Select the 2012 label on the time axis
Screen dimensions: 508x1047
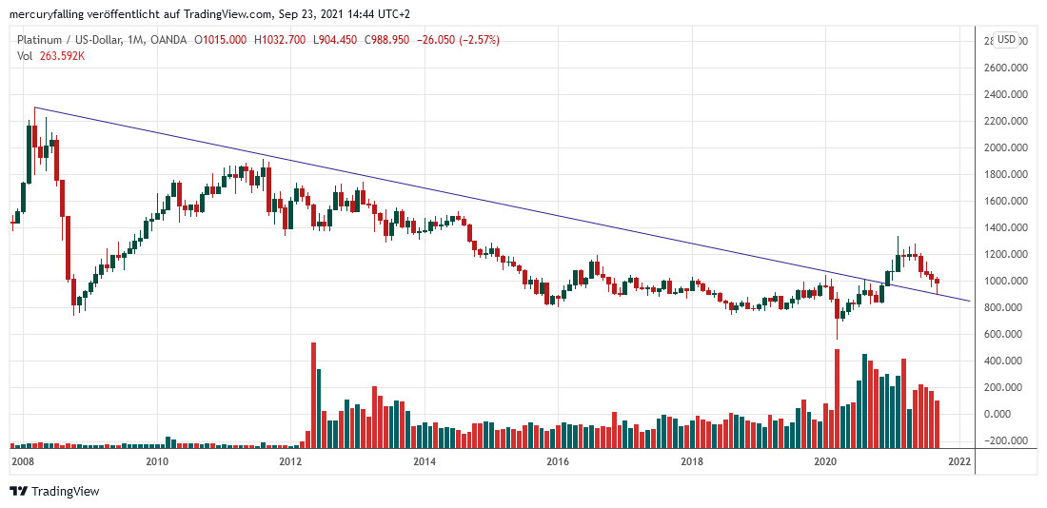click(x=290, y=462)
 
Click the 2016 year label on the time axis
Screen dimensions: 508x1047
click(x=558, y=462)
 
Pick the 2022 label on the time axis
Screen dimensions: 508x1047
click(x=958, y=462)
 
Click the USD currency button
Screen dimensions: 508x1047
click(x=1007, y=40)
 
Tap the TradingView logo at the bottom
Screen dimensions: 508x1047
click(x=54, y=491)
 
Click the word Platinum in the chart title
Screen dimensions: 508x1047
click(x=39, y=40)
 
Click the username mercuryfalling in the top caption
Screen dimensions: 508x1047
click(x=47, y=14)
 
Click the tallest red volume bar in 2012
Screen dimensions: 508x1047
click(x=313, y=395)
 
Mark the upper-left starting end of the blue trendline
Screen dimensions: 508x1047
click(x=34, y=107)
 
